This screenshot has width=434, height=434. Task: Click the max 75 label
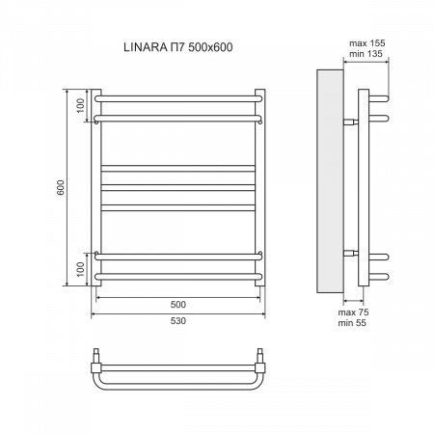pyautogui.click(x=354, y=314)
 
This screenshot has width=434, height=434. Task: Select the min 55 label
pyautogui.click(x=354, y=327)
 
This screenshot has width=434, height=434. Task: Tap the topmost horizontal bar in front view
pyautogui.click(x=178, y=96)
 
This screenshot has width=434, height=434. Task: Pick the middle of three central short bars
pyautogui.click(x=178, y=186)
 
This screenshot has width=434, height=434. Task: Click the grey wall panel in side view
pyautogui.click(x=328, y=183)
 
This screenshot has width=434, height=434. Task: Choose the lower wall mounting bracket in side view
pyautogui.click(x=349, y=253)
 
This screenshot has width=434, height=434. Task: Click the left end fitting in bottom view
pyautogui.click(x=96, y=366)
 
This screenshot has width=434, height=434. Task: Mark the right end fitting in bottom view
pyautogui.click(x=261, y=366)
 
